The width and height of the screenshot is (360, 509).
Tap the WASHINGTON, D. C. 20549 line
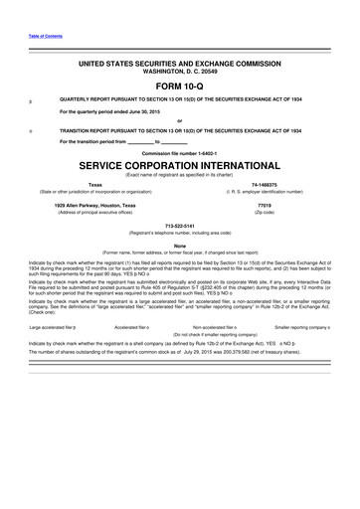coord(180,72)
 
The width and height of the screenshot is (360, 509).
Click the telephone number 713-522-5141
coord(180,225)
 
